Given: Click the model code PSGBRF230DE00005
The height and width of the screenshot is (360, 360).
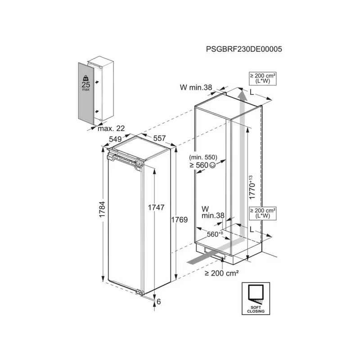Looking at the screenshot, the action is [244, 49].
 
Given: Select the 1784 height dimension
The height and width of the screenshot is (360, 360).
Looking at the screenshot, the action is [102, 209].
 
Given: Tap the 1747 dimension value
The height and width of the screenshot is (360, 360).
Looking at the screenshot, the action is [156, 207].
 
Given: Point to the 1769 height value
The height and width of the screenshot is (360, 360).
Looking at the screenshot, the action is [179, 220].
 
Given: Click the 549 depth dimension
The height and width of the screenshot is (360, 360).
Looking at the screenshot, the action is [115, 139].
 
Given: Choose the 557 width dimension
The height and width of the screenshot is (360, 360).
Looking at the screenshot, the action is [159, 138].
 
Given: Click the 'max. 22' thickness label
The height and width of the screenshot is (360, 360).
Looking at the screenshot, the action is [111, 128].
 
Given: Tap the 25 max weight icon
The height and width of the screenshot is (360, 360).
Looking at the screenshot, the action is [86, 83].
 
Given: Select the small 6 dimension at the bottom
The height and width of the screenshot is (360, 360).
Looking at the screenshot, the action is [159, 301].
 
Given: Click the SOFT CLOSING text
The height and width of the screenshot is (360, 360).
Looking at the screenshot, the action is [256, 309].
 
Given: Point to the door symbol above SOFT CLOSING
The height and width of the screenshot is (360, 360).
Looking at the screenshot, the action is [256, 294].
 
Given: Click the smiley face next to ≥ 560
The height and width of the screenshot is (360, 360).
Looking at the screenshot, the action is [212, 165].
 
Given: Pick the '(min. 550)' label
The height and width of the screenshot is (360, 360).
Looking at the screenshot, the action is [203, 157].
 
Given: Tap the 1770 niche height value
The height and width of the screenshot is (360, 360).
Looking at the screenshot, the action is [252, 188].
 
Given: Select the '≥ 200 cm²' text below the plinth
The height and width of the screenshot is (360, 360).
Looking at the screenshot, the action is [222, 273].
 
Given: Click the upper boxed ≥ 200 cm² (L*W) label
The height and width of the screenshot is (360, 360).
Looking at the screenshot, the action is [263, 78].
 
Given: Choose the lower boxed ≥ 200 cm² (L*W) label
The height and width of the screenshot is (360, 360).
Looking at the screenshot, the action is [263, 213].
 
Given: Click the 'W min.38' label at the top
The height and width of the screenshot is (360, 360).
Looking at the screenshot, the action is [196, 87].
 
